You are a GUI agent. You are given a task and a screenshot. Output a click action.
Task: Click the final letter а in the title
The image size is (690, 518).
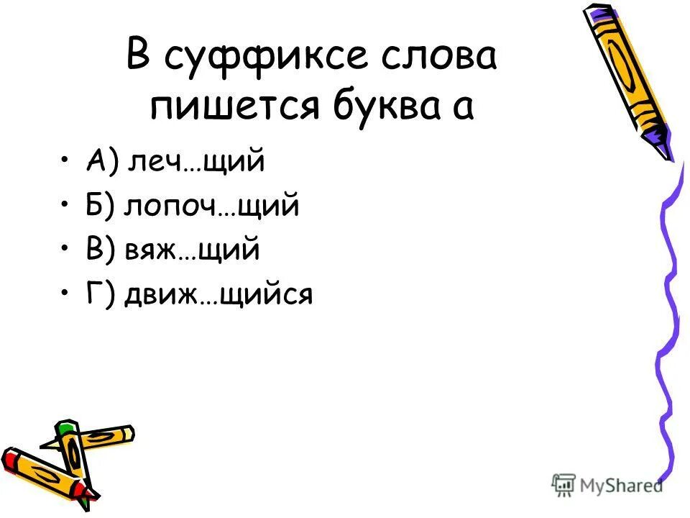click(x=463, y=109)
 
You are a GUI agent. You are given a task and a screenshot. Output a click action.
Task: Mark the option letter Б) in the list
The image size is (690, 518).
click(x=101, y=206)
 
